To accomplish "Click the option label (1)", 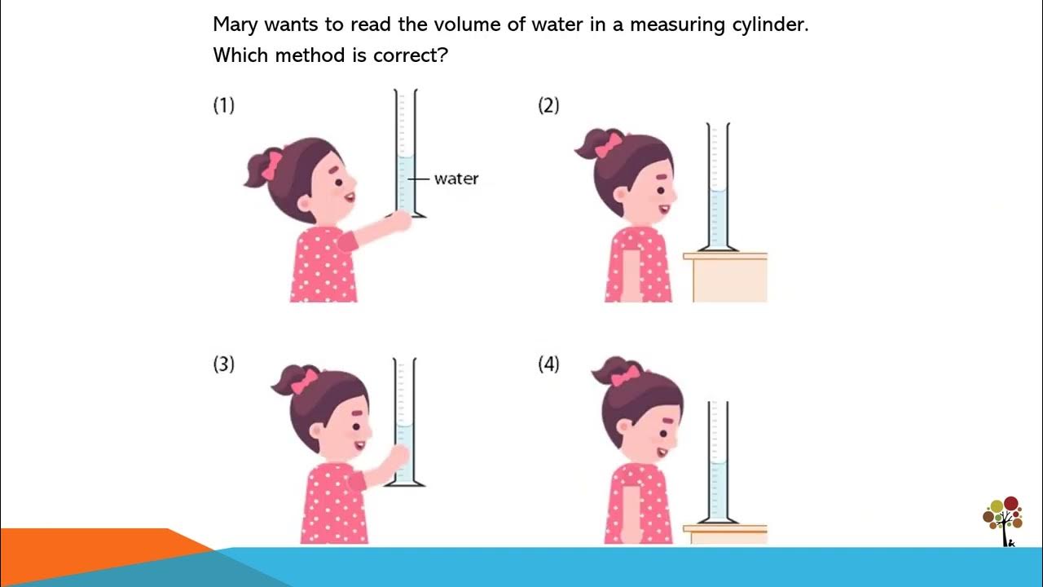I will click(223, 105).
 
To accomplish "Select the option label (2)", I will click(548, 105).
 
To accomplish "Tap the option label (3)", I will click(223, 364).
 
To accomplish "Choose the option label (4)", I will click(548, 364).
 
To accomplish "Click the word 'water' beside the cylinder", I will click(455, 179).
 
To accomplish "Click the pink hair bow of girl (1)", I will click(271, 166).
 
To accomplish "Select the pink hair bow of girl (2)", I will click(607, 146).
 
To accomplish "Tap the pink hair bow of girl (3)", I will click(304, 382).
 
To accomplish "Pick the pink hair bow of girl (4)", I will click(626, 376).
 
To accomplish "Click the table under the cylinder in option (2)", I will click(728, 278).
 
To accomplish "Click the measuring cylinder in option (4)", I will click(718, 465).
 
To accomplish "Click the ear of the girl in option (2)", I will click(621, 196).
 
